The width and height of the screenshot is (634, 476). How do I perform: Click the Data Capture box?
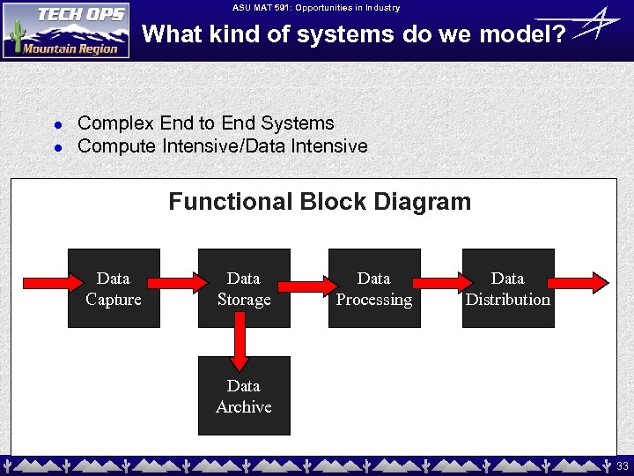tap(114, 289)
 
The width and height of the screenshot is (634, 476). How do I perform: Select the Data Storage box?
tap(244, 289)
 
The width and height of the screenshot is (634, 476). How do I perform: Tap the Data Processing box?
tap(374, 289)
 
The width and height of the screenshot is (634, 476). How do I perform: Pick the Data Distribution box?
tap(508, 289)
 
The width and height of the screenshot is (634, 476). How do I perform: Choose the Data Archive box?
tap(244, 397)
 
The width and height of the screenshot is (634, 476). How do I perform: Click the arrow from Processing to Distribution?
tap(441, 283)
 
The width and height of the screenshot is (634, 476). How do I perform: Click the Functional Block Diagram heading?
tap(320, 202)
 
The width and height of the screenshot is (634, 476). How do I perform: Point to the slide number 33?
tap(623, 465)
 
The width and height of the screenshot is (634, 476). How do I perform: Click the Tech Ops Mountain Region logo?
tap(66, 30)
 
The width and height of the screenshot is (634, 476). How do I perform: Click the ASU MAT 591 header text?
tap(316, 8)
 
